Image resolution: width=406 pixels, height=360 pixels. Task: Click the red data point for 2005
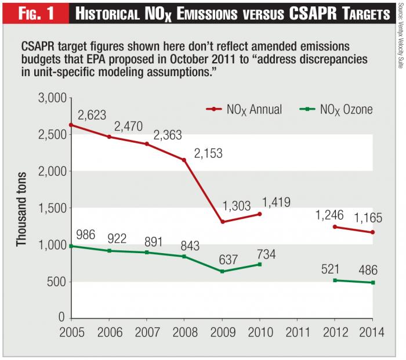pyautogui.click(x=71, y=125)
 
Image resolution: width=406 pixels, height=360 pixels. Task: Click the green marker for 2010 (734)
pyautogui.click(x=259, y=264)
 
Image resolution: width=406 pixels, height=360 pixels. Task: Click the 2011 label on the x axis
pyautogui.click(x=297, y=333)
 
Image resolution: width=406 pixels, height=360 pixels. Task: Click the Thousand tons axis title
pyautogui.click(x=21, y=207)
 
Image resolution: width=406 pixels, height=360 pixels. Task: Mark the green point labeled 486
pyautogui.click(x=372, y=283)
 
